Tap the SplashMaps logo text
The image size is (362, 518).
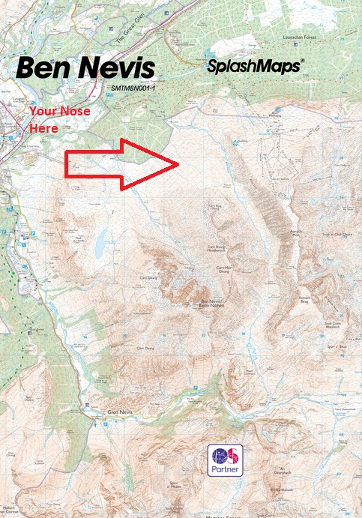point(255,66)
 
